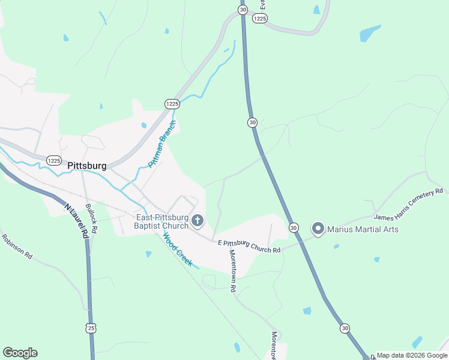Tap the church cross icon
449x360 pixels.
click(x=197, y=222)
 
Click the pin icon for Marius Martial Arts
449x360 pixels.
click(x=318, y=229)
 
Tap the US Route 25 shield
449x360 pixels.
click(x=91, y=328)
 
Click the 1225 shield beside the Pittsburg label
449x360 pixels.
click(x=54, y=160)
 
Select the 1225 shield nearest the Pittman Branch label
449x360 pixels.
click(x=172, y=104)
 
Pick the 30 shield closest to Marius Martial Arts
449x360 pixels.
click(x=294, y=227)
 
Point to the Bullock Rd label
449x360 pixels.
click(x=91, y=218)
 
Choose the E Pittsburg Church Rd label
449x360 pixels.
click(x=249, y=246)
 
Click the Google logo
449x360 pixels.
click(x=20, y=353)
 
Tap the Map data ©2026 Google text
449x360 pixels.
click(x=412, y=355)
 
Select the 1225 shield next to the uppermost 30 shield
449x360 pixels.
click(x=259, y=19)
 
